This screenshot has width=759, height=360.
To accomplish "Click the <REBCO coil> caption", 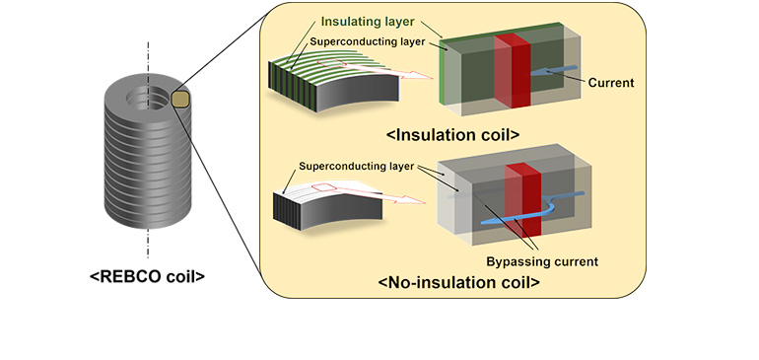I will (x=147, y=277).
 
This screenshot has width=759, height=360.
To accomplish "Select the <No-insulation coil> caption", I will (x=459, y=283).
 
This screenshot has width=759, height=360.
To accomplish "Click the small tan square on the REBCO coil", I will (x=180, y=99).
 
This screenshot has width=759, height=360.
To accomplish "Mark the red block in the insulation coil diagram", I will (x=512, y=71).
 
